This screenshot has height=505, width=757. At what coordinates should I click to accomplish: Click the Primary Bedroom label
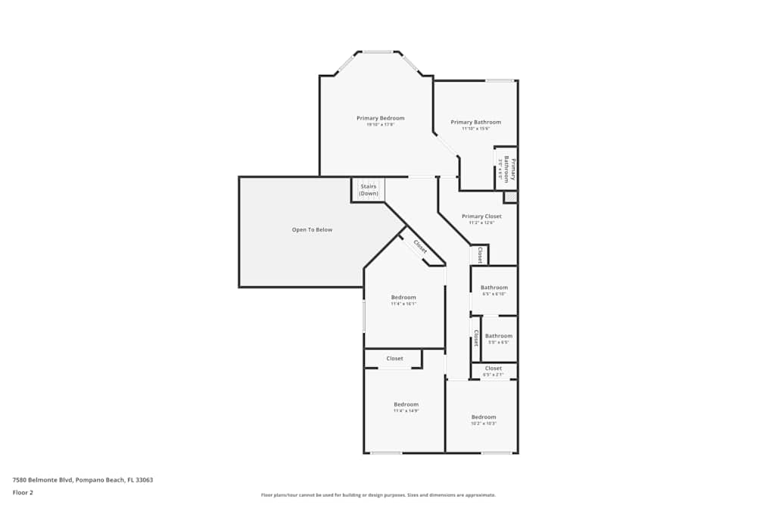pos(380,118)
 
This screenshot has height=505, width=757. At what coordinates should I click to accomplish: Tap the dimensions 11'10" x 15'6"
pos(475,129)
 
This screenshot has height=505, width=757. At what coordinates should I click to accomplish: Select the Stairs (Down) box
pos(368,189)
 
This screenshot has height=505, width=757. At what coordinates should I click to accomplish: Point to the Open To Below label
pos(312,229)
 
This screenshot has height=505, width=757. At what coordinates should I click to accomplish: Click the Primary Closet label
pos(481,217)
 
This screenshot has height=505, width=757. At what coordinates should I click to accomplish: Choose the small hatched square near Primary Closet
pos(511,197)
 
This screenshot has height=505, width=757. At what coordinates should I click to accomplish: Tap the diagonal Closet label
pos(420,247)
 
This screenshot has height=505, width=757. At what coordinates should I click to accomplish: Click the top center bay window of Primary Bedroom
pos(378,52)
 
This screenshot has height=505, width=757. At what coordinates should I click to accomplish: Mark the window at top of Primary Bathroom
pos(499,80)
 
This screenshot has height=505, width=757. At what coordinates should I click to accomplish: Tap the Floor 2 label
pos(23,492)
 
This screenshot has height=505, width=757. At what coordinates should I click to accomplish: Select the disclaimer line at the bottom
pos(378,495)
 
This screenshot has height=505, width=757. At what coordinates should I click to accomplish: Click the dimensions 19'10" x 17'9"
pos(380,125)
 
